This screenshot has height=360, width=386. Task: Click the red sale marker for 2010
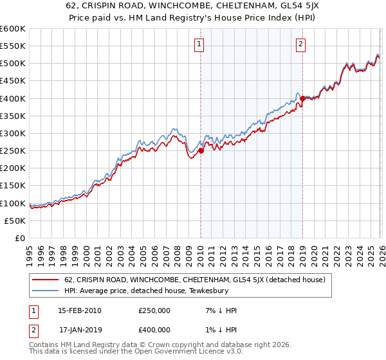click(x=201, y=151)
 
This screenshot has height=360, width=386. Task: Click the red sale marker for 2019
click(x=302, y=98)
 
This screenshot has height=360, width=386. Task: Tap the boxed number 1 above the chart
click(x=200, y=44)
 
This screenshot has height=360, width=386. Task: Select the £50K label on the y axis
click(x=15, y=221)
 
